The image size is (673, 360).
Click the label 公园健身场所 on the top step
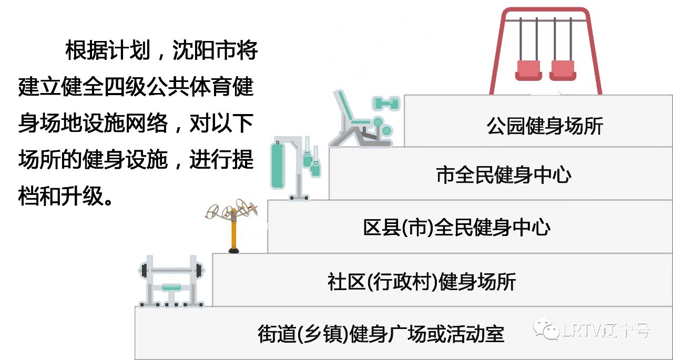coord(545,126)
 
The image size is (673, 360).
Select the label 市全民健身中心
coord(503,175)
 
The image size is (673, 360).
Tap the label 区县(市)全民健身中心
coord(456,228)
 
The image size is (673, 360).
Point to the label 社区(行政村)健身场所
coord(421,282)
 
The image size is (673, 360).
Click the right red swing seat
coord(562,70)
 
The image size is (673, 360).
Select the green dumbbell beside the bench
coord(386,103)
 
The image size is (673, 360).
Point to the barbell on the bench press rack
coord(171,271)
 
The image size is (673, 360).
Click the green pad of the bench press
coord(172,287)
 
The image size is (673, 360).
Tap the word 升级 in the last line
coord(81,196)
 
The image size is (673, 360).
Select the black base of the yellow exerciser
coord(234,251)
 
